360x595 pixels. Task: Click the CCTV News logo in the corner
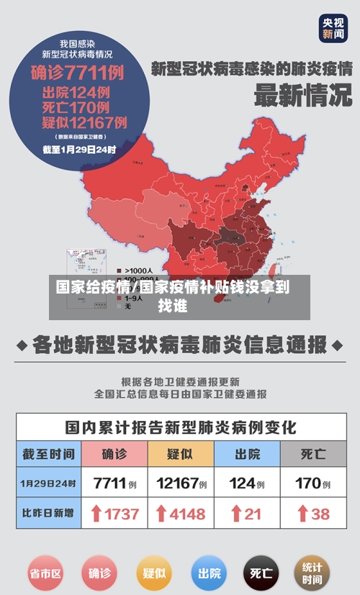(333, 28)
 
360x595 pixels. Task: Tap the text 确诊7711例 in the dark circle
(77, 73)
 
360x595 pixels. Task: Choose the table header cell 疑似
(180, 454)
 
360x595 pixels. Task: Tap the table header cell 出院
(247, 454)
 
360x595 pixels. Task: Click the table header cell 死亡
(312, 454)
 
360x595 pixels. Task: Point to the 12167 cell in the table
(180, 483)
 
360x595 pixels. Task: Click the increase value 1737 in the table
(114, 514)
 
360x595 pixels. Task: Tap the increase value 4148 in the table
(180, 514)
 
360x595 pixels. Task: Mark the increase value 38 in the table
(312, 514)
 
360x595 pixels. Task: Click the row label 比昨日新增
(48, 514)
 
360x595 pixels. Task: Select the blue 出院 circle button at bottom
(209, 573)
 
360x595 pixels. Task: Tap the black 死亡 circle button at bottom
(261, 573)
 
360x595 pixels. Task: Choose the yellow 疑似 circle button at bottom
(154, 573)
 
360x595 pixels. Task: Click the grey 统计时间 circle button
(312, 573)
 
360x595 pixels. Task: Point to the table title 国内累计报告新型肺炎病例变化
(180, 427)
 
